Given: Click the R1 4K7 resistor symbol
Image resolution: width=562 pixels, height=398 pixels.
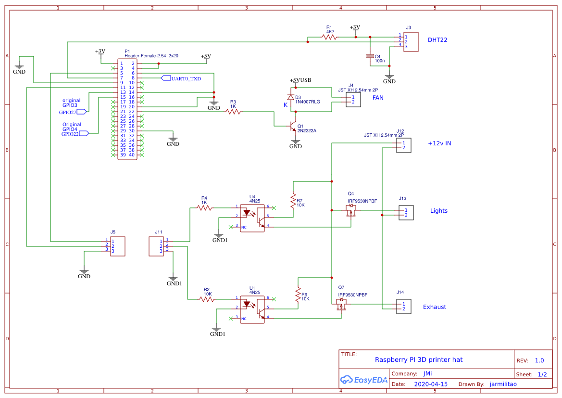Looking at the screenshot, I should tap(329, 37).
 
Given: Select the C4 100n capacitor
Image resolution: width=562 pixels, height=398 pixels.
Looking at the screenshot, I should tap(370, 56).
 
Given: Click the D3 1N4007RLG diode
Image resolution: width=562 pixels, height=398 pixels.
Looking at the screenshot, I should tap(290, 97).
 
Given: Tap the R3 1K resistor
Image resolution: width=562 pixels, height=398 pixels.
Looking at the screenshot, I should tap(233, 112).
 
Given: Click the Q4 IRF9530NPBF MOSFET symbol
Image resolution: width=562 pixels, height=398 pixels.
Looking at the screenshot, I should tap(351, 211).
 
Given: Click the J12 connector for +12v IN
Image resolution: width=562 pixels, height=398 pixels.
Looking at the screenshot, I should tap(404, 145).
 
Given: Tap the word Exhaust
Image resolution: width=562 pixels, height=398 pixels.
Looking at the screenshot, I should tap(434, 307).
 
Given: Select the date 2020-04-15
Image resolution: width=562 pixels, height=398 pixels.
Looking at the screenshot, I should tap(430, 385).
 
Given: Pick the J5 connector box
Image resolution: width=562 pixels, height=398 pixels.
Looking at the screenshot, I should tap(118, 246).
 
